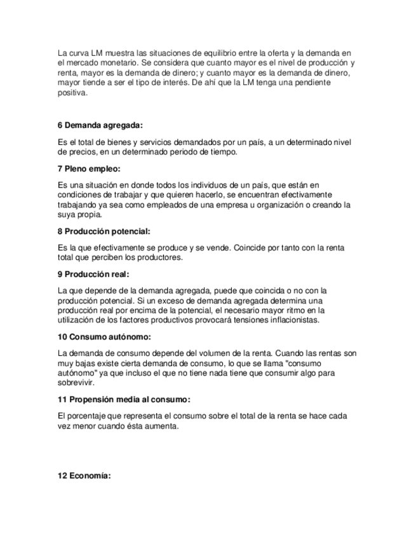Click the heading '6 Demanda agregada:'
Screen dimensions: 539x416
click(x=100, y=125)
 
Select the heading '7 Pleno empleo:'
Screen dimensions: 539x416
click(x=88, y=169)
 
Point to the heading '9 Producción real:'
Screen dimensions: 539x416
click(x=93, y=275)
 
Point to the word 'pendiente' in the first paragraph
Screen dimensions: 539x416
click(x=313, y=83)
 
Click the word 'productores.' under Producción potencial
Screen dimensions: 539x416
click(x=161, y=257)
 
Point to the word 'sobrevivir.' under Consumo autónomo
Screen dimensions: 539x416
click(x=75, y=383)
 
